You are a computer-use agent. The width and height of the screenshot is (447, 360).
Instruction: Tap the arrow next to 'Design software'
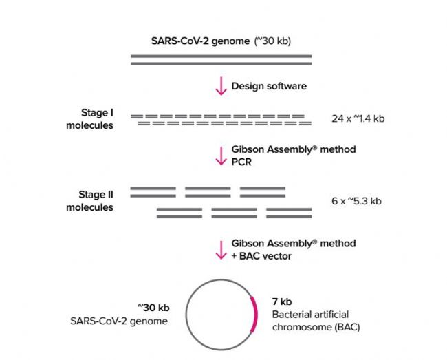pos(221,86)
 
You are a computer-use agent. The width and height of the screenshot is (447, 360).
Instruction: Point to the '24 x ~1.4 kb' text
pos(358,119)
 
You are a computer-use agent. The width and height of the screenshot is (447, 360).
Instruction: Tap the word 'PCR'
pos(241,161)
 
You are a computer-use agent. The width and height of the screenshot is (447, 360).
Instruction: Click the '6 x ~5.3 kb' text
pos(356,202)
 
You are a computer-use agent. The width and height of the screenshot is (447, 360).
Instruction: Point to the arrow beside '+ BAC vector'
pos(221,248)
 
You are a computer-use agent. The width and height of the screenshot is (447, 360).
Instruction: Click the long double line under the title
pos(221,59)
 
